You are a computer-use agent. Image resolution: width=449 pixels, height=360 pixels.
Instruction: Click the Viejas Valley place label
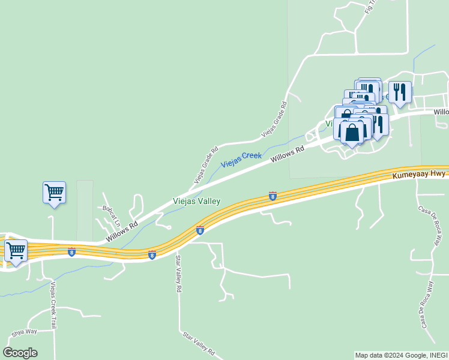click(x=197, y=202)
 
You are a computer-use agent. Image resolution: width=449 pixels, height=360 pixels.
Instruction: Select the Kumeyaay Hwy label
click(x=419, y=174)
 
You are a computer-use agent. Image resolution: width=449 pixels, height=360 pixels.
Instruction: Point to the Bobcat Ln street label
click(x=111, y=215)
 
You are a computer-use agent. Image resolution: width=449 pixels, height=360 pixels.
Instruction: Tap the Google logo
click(x=20, y=353)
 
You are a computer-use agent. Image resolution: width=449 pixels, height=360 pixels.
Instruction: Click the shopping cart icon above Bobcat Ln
click(x=54, y=193)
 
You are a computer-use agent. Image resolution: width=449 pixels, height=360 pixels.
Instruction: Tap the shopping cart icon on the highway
click(x=16, y=250)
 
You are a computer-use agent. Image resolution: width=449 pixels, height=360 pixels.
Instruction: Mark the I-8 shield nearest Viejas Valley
click(x=273, y=196)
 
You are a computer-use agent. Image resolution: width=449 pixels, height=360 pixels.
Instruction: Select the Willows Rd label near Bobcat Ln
click(x=122, y=231)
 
